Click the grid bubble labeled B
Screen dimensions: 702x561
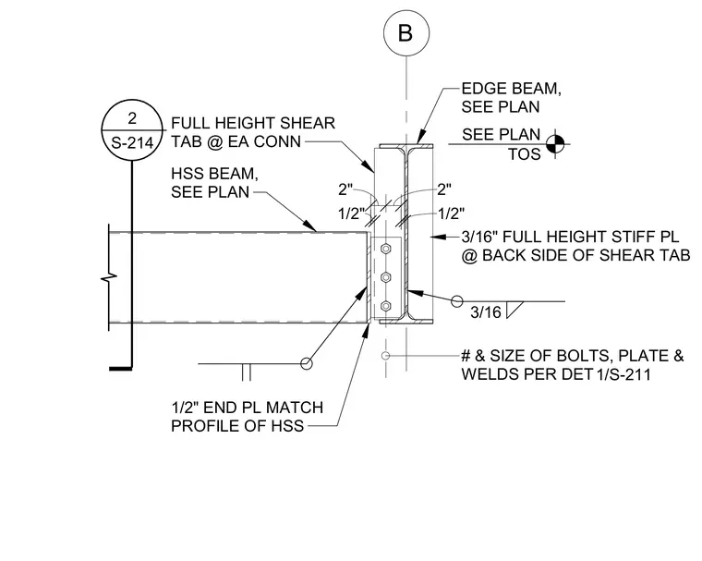(406, 33)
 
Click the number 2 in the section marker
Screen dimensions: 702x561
(132, 118)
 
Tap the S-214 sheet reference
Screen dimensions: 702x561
(132, 143)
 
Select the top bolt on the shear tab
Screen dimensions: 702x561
(385, 249)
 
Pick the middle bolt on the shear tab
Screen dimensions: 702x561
(385, 277)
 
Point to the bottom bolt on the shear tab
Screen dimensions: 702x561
(385, 307)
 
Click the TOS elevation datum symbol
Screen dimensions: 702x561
(555, 144)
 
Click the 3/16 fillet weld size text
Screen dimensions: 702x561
(486, 312)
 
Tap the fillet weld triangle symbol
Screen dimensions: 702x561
(514, 310)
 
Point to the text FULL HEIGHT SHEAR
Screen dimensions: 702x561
(253, 123)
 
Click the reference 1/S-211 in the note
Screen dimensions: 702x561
(623, 373)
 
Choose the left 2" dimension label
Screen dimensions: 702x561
(345, 189)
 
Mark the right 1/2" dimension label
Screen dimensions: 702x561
(451, 213)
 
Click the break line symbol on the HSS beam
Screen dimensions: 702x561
(109, 278)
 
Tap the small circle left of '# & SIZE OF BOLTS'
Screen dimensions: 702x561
(385, 356)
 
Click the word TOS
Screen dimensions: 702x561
(525, 154)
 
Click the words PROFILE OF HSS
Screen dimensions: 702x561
(237, 425)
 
